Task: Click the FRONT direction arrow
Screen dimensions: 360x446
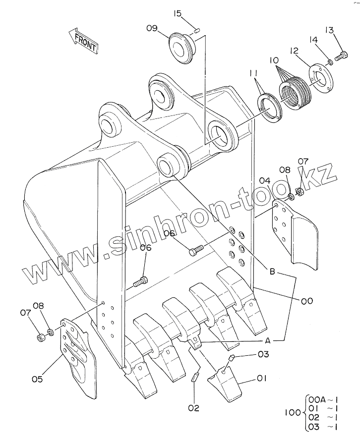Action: [83, 41]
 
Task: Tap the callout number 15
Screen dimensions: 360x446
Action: [178, 13]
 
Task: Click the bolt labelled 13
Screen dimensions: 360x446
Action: [341, 56]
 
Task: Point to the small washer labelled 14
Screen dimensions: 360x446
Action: [330, 62]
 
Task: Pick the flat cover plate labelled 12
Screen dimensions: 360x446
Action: [320, 80]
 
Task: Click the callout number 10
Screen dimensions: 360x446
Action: [274, 60]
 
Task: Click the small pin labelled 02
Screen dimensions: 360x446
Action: [194, 377]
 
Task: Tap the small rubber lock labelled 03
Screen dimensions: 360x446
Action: [232, 357]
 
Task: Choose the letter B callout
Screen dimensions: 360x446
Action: [272, 272]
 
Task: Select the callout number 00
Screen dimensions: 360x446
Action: [306, 301]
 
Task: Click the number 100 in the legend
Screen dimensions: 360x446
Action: [293, 412]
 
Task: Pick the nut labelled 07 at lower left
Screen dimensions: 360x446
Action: [41, 337]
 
